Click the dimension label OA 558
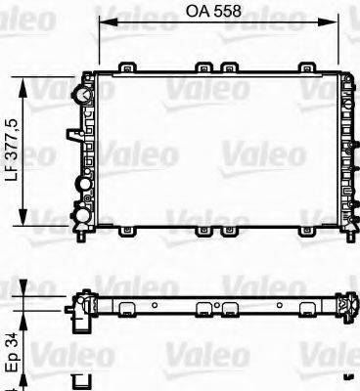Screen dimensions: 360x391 tap(213, 11)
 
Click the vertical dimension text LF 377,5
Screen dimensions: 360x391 tap(16, 151)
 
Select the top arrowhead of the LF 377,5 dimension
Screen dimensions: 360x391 tap(22, 87)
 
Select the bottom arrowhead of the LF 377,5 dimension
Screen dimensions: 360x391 tap(22, 217)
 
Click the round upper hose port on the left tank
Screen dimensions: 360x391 tap(82, 95)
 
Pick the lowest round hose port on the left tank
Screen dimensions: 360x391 tap(82, 215)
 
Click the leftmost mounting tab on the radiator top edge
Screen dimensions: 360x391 tap(127, 67)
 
